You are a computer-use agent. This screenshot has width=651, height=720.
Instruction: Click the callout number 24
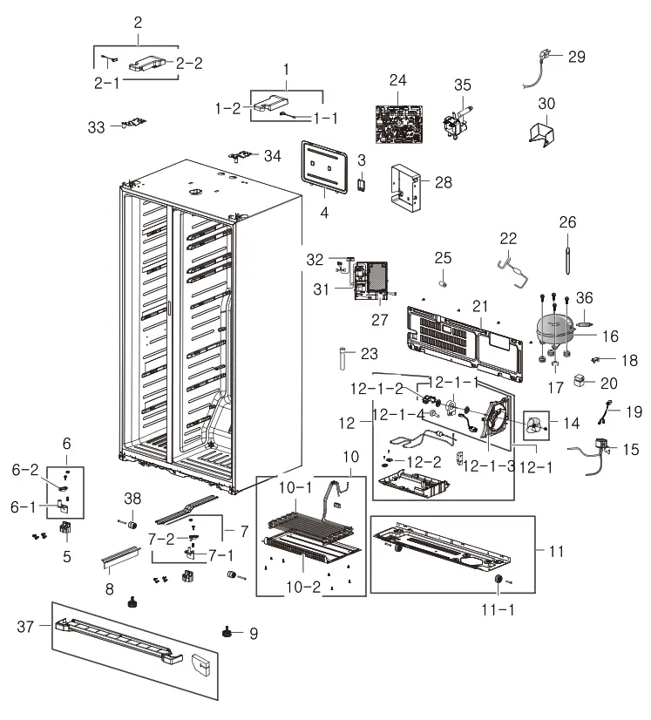pyautogui.click(x=397, y=80)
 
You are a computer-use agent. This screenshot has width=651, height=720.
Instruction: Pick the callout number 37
pyautogui.click(x=27, y=626)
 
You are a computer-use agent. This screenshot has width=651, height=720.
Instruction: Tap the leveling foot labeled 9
pyautogui.click(x=231, y=631)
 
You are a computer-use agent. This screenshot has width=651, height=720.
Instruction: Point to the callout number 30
pyautogui.click(x=546, y=104)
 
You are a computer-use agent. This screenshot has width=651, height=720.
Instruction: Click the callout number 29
pyautogui.click(x=576, y=58)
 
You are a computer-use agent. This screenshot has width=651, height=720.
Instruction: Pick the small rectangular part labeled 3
pyautogui.click(x=362, y=186)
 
